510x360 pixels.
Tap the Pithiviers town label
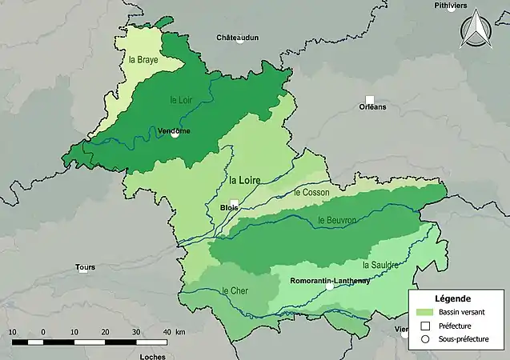coord(468,6)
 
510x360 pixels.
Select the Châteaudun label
coord(237,38)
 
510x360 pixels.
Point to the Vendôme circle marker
coord(175,134)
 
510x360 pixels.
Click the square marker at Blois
coord(234,203)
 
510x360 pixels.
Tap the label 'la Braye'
coord(143,60)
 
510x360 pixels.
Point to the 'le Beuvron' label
coord(336,220)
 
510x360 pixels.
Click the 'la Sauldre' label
coord(380,264)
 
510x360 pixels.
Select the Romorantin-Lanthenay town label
coord(330,281)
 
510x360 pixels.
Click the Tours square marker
coord(83,269)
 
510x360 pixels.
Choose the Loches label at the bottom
coord(151,356)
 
